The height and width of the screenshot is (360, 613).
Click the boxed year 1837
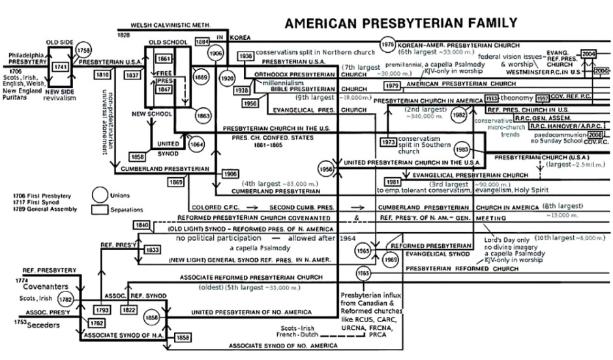tap(134, 76)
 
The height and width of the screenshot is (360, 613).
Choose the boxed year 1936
tap(246, 57)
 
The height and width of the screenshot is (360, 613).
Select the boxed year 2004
tap(589, 53)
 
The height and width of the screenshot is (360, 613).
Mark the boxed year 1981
tap(392, 181)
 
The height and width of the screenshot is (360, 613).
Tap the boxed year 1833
tap(152, 250)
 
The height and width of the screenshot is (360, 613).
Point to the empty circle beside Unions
tap(100, 194)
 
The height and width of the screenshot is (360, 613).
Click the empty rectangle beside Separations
tap(100, 209)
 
